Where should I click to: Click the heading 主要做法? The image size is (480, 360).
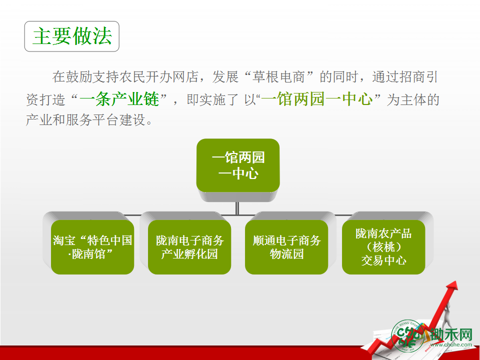(72, 36)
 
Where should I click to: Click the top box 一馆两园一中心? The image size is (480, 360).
(238, 165)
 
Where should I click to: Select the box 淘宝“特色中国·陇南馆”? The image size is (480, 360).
(92, 247)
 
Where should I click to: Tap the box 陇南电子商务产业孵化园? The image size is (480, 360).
(189, 247)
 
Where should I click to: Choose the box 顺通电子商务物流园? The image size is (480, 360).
(286, 247)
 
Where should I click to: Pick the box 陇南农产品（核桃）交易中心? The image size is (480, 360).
(383, 247)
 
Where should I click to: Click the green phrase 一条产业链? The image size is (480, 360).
(119, 99)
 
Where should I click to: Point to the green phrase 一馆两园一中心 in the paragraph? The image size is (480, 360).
(317, 99)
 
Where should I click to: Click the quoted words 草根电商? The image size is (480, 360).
(278, 77)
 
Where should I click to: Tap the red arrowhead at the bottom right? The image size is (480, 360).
(452, 286)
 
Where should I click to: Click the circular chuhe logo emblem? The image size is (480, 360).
(407, 336)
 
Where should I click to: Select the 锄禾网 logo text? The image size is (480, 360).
(451, 334)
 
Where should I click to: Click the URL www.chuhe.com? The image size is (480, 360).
(451, 344)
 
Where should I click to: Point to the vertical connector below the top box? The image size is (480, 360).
(237, 208)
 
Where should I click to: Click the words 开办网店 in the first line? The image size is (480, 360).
(171, 77)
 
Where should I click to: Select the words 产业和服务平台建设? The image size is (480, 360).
(85, 119)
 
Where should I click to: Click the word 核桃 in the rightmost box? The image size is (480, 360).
(384, 247)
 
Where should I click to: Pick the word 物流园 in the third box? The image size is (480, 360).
(286, 254)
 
